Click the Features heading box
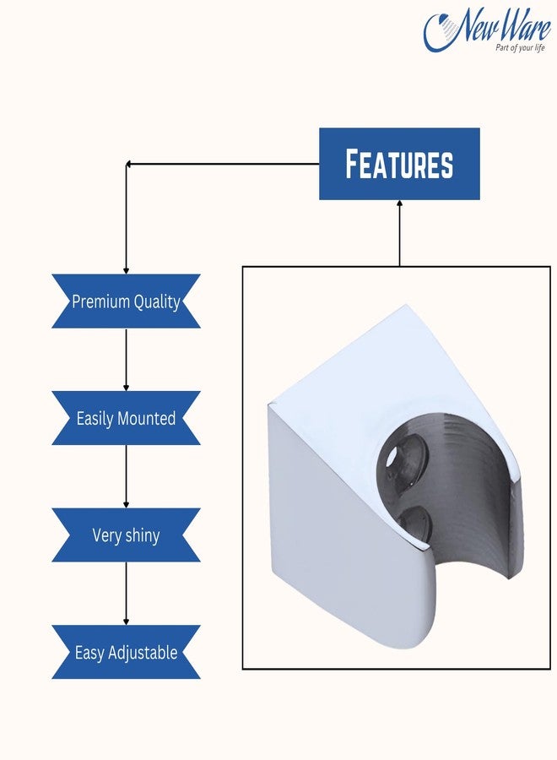pyautogui.click(x=399, y=164)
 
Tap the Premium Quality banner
pyautogui.click(x=126, y=301)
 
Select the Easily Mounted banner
pyautogui.click(x=126, y=418)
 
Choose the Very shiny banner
pyautogui.click(x=126, y=535)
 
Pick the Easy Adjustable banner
pyautogui.click(x=126, y=652)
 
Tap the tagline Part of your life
pyautogui.click(x=520, y=47)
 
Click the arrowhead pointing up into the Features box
pyautogui.click(x=399, y=204)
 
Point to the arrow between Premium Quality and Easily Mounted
pyautogui.click(x=126, y=360)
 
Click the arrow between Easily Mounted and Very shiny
pyautogui.click(x=126, y=476)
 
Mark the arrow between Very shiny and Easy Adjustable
pyautogui.click(x=126, y=593)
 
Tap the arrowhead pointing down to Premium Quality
pyautogui.click(x=126, y=269)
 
